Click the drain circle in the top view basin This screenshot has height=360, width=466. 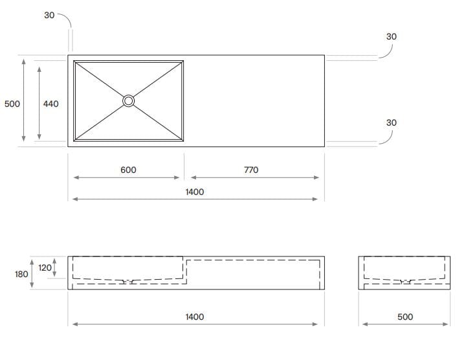tap(129, 100)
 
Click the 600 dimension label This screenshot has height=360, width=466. tap(128, 170)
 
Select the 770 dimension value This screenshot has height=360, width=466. tap(251, 170)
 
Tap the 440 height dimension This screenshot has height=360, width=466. tap(50, 104)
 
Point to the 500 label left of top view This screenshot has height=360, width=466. tap(12, 104)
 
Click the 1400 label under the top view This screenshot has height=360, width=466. tap(194, 192)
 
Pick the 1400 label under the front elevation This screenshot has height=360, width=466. tap(194, 317)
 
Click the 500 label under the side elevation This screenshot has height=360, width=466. tap(405, 317)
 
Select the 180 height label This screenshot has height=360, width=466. tap(21, 274)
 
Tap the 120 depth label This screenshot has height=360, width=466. tap(45, 267)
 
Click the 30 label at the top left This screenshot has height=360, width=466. tap(49, 15)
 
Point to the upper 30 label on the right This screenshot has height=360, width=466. tap(392, 37)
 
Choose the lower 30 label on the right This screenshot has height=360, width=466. tap(392, 122)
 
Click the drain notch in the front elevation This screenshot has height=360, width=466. tap(129, 282)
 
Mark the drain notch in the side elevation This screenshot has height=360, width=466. tap(405, 282)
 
